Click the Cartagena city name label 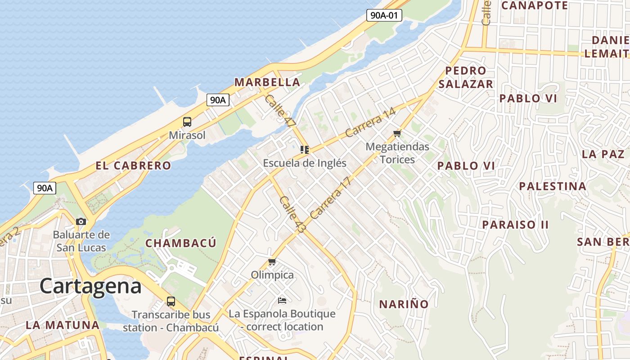point(90,286)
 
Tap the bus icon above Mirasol point(187,122)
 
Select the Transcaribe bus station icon point(171,301)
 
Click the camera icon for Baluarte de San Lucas point(81,221)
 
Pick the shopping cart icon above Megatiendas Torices point(397,133)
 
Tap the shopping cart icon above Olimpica point(272,261)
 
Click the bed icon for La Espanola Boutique point(282,300)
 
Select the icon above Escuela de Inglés point(305,149)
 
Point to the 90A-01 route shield point(384,16)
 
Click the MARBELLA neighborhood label point(267,82)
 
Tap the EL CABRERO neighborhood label point(133,166)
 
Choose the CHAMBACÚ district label point(180,243)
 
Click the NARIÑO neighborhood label point(404,304)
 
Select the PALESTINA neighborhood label point(553,186)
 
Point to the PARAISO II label point(515,225)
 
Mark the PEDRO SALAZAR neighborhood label point(466,77)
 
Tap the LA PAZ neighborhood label point(603,154)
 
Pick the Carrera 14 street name point(370,122)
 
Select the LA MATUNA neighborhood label point(62,325)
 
